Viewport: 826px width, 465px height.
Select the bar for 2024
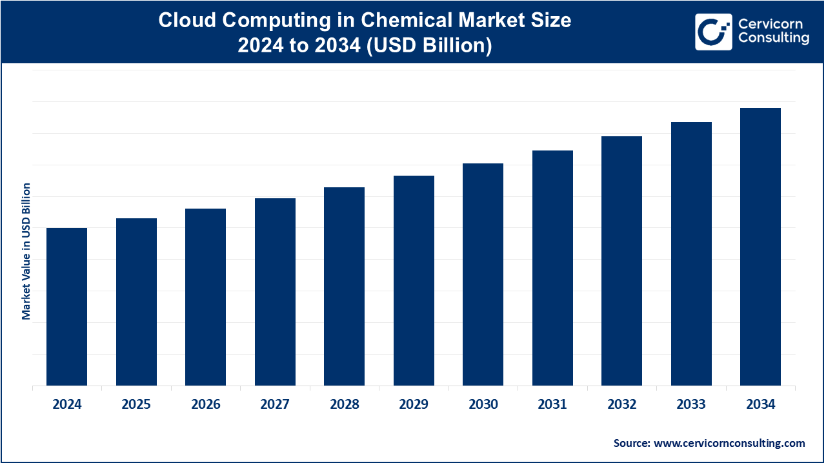(67, 307)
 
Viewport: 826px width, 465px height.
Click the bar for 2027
(275, 292)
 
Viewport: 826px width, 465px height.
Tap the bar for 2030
(483, 274)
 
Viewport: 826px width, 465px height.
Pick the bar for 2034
(760, 247)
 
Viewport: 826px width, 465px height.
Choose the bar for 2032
(621, 261)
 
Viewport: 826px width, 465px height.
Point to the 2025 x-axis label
(136, 405)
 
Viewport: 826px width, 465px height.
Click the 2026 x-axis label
(206, 405)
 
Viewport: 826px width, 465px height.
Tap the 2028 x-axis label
(344, 405)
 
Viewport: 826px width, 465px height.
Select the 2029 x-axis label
(414, 405)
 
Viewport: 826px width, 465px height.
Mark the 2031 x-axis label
(552, 405)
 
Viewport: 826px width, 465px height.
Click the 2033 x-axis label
(691, 405)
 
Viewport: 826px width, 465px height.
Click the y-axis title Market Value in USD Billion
(26, 251)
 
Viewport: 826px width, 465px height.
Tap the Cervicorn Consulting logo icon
(713, 32)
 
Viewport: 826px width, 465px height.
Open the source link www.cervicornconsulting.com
(729, 443)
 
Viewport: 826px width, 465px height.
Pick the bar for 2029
(414, 281)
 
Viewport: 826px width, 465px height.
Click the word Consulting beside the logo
(773, 39)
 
